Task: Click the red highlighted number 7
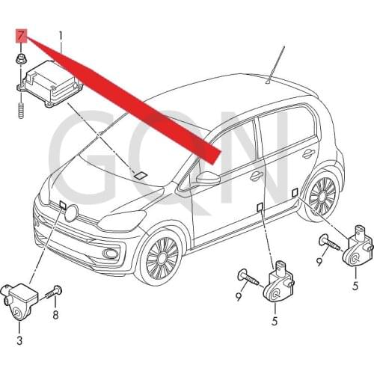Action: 21,36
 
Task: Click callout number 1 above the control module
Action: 60,37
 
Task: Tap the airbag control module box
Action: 50,84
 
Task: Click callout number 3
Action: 19,340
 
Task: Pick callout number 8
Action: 55,315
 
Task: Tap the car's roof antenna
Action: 275,65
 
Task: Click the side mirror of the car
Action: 208,177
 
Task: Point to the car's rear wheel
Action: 322,196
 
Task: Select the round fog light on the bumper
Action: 111,254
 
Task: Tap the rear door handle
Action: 309,154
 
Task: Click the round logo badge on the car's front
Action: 72,212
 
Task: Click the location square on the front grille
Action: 63,205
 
